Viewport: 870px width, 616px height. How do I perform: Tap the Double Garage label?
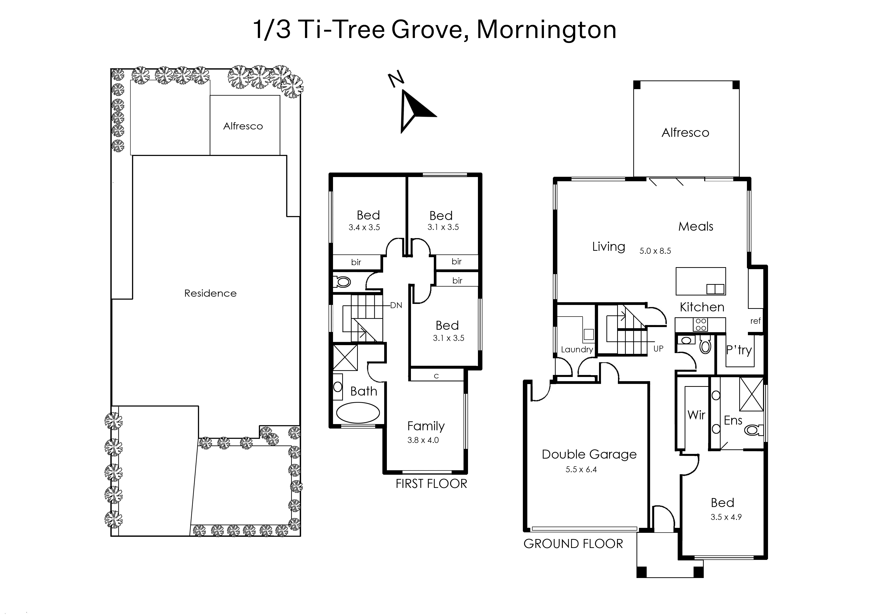coord(589,454)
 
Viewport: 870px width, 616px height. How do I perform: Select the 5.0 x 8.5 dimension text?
coord(655,251)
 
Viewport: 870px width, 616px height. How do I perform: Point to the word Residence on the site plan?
coord(210,293)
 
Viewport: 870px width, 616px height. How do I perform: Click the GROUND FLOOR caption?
coord(573,544)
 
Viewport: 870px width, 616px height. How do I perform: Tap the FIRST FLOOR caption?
coord(431,484)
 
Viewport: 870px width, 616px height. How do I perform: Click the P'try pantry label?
coord(739,350)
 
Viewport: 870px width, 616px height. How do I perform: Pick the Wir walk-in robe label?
coord(696,415)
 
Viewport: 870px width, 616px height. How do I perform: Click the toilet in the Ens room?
coord(754,430)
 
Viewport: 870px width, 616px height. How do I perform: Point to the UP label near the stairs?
coord(659,349)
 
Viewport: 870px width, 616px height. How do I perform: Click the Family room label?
coord(426,426)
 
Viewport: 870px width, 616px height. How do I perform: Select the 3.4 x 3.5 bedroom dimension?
coord(364,228)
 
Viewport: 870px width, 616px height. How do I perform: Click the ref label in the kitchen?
coord(756,321)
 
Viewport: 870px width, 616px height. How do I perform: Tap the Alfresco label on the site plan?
coord(243,126)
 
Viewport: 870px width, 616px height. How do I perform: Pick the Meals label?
coord(696,226)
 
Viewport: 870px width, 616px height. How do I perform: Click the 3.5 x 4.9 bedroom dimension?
coord(726,517)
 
